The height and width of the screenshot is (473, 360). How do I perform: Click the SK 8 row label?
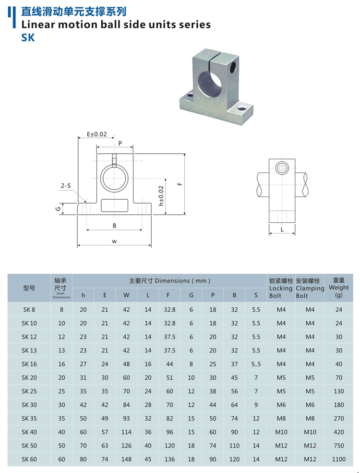point(29,310)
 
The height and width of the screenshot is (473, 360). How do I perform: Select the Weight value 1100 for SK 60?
point(338,460)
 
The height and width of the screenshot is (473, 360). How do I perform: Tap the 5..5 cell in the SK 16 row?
point(256,364)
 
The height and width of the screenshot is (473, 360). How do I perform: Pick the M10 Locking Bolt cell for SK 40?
point(281,432)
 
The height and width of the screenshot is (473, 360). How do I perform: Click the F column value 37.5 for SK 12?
point(169,337)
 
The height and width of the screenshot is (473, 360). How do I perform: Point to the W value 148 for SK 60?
point(126,460)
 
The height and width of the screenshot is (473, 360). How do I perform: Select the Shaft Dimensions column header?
point(61,288)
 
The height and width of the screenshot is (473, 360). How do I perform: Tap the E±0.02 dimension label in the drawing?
point(97,134)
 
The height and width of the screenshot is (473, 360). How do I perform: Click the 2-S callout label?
point(66,185)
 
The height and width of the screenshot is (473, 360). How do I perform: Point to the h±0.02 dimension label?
point(161,196)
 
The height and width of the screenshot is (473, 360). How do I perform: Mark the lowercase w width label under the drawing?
point(114,242)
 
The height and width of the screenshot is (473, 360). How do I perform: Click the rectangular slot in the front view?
point(115,205)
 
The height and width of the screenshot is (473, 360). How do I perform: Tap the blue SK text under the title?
point(28,37)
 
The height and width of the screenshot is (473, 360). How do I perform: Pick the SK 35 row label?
point(29,419)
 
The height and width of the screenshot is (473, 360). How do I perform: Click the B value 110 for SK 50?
point(234,446)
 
